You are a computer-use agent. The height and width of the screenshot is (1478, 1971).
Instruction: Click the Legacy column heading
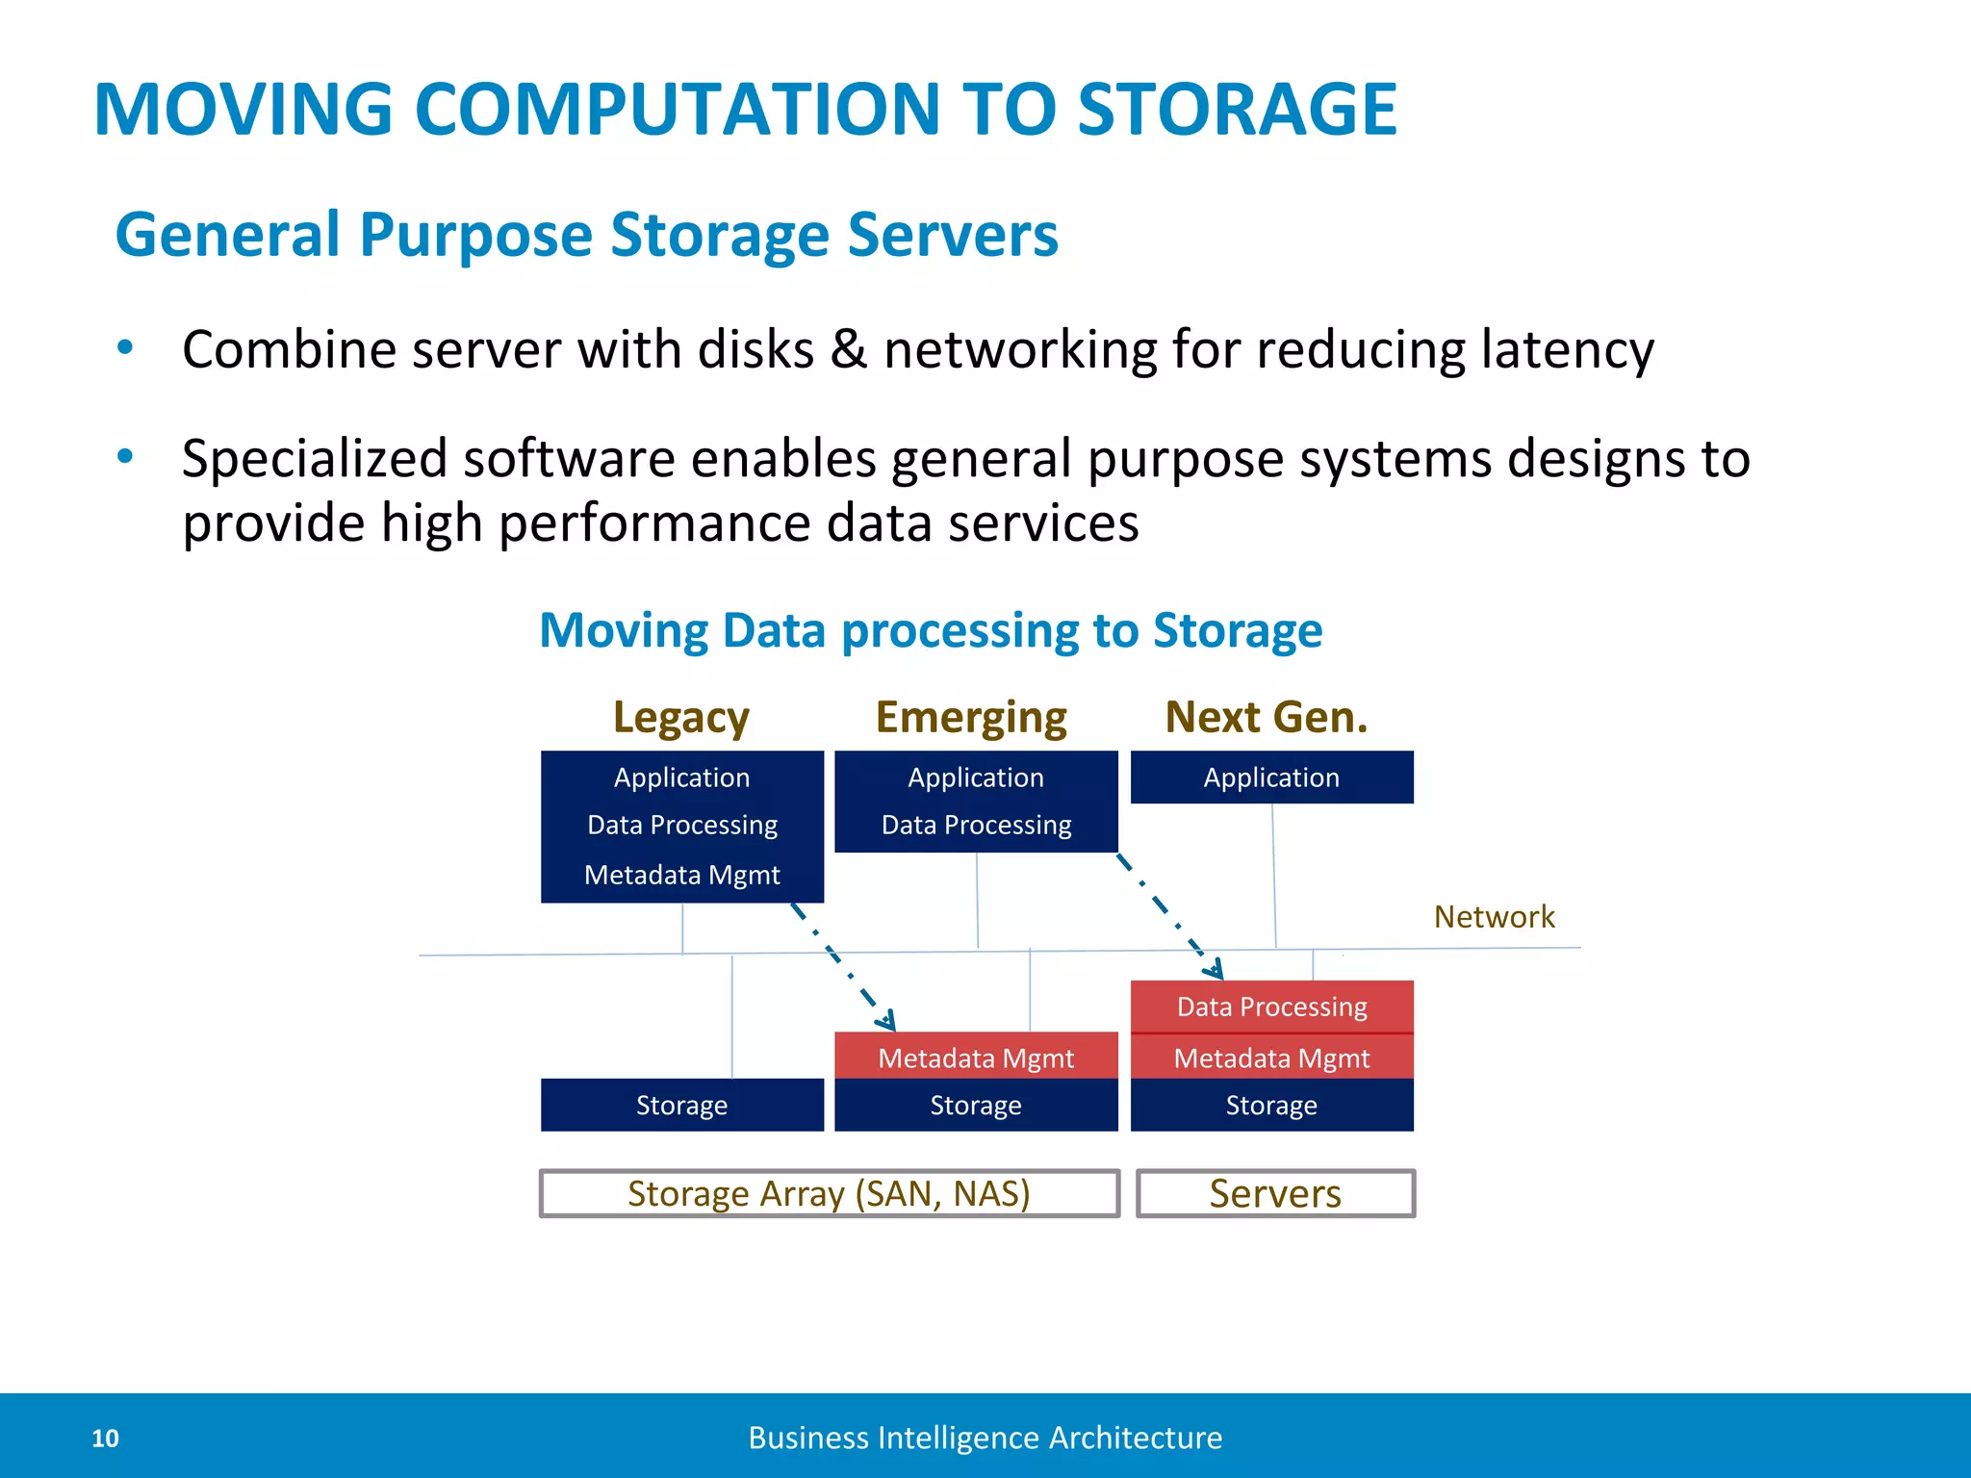coord(681,718)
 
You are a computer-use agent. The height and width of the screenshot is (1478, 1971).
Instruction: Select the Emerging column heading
coord(971,718)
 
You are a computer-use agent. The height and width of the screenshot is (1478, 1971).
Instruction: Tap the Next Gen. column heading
coord(1267,717)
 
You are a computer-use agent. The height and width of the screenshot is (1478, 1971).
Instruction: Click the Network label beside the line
coord(1494,917)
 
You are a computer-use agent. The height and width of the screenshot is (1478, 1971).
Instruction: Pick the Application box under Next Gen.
coord(1271,777)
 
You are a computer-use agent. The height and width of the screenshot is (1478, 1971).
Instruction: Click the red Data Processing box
coord(1271,1007)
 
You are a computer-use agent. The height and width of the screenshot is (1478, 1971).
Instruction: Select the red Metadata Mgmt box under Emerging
coord(976,1057)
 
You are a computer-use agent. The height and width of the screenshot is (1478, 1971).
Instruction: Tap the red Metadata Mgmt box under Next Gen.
coord(1271,1058)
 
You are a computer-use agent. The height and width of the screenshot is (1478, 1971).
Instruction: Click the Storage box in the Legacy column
coord(681,1105)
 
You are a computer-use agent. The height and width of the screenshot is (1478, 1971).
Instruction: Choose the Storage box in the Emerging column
coord(976,1105)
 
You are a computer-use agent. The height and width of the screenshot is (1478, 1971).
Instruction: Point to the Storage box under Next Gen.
coord(1271,1105)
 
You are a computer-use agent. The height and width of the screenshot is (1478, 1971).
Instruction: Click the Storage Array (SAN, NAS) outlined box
coord(829,1193)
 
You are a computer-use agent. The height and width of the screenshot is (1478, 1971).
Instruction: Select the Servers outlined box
coord(1275,1193)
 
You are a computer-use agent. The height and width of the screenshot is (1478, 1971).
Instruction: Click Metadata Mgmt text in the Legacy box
coord(681,875)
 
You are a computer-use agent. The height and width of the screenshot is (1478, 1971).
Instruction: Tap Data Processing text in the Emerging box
coord(976,825)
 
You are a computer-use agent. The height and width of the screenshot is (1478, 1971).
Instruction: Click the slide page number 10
coord(105,1439)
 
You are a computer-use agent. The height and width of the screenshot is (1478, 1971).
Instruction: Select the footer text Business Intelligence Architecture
coord(985,1438)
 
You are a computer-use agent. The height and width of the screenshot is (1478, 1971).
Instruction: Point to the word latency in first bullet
coord(1568,349)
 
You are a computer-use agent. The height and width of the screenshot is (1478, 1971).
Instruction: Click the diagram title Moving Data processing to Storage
coord(931,631)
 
